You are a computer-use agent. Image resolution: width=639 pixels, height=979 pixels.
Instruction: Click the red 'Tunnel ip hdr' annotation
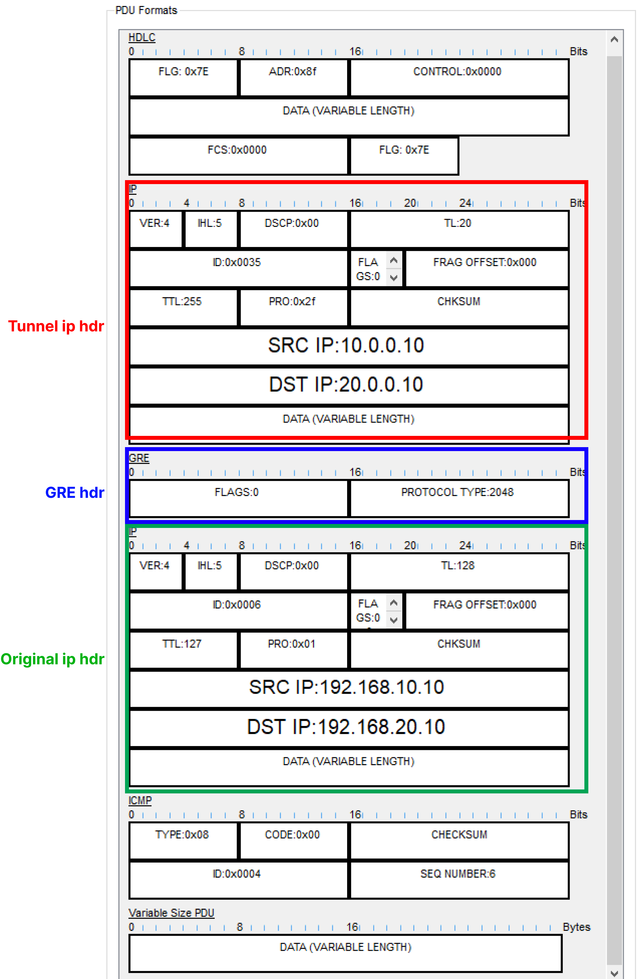(56, 326)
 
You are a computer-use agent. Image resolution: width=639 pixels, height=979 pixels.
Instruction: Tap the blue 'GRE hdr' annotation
(74, 492)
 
